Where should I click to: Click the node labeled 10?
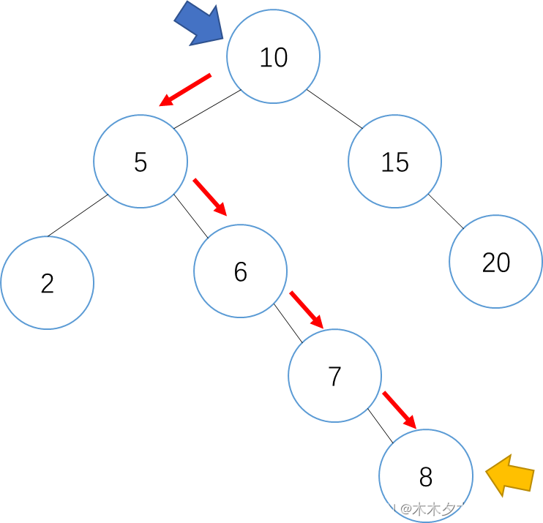[273, 56]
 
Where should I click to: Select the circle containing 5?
[141, 161]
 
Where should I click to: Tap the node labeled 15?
[394, 161]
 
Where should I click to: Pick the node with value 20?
[495, 262]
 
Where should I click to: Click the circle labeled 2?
[48, 282]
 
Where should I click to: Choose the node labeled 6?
[240, 271]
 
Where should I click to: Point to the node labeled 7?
[334, 375]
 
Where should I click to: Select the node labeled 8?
[425, 476]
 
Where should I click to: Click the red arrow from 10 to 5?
[185, 90]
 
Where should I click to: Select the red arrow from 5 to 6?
[210, 197]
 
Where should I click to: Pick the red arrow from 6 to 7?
[306, 309]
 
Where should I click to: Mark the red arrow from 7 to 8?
[399, 410]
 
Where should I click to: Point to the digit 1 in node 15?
[386, 162]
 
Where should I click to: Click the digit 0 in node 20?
[503, 262]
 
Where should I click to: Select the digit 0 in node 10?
[281, 57]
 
